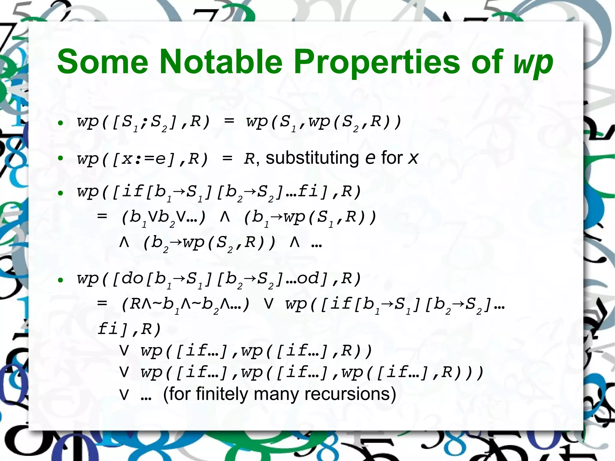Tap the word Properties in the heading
(x=377, y=62)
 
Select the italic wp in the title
(x=533, y=63)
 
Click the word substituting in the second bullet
(x=312, y=158)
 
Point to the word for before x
(x=392, y=158)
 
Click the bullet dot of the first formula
(x=61, y=123)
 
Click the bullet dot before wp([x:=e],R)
(x=61, y=158)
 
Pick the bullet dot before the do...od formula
(x=61, y=280)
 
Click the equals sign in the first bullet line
(x=229, y=121)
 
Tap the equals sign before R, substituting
(x=227, y=158)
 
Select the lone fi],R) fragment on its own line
(x=129, y=329)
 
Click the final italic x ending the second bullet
(x=413, y=158)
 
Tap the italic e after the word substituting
(x=370, y=158)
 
